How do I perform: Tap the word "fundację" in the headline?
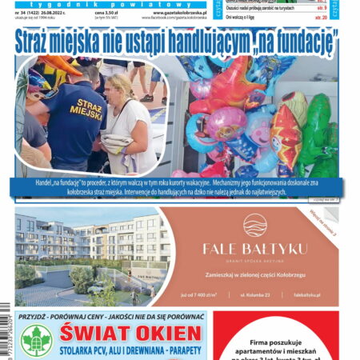pos(297,41)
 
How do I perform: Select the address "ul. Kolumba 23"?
pos(254,295)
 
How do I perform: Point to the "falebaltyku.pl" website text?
pos(307,295)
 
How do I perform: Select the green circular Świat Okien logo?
pos(36,341)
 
